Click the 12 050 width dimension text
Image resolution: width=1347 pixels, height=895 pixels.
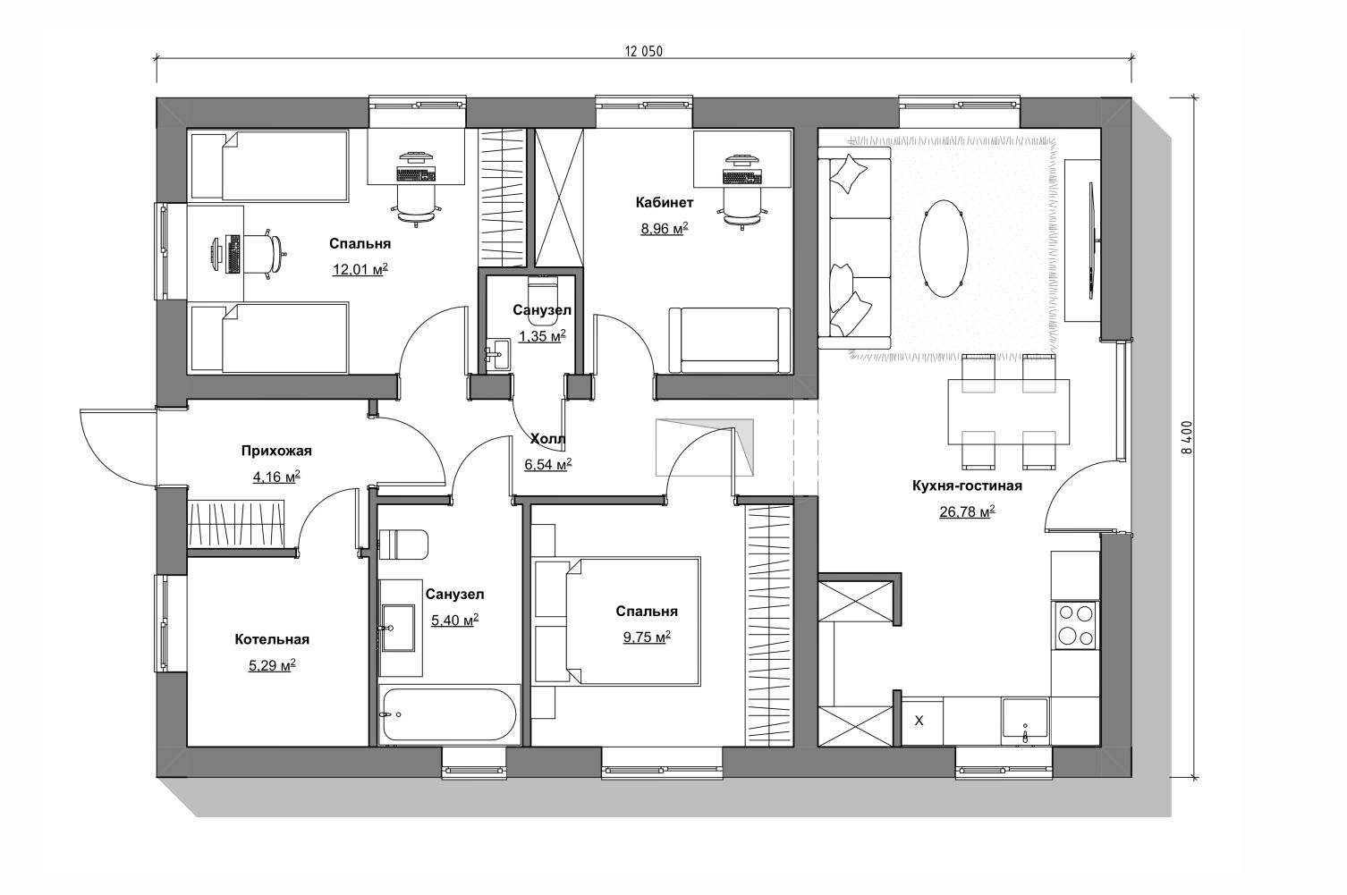(643, 51)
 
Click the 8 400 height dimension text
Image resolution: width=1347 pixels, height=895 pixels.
(1186, 436)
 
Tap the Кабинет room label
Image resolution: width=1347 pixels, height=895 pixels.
(665, 203)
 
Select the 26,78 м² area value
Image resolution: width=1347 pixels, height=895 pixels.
(967, 511)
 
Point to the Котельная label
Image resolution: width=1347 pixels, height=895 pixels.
(272, 639)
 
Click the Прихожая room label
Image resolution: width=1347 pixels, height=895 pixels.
(276, 451)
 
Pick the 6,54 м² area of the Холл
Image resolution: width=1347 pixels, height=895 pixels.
(547, 465)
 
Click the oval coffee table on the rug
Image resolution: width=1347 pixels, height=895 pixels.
(944, 249)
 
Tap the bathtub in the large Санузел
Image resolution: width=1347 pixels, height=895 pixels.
(450, 714)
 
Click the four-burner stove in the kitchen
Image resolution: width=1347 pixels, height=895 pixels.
(1076, 625)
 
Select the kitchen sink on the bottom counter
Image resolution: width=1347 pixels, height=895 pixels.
(1025, 721)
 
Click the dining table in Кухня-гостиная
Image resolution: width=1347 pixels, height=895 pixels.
(1008, 412)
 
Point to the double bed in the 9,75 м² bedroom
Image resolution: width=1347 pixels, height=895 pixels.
(632, 621)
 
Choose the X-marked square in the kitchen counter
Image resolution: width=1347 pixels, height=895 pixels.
(919, 721)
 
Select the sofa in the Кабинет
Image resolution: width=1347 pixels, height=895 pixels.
(730, 341)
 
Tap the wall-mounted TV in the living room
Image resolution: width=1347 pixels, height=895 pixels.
(1093, 241)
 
